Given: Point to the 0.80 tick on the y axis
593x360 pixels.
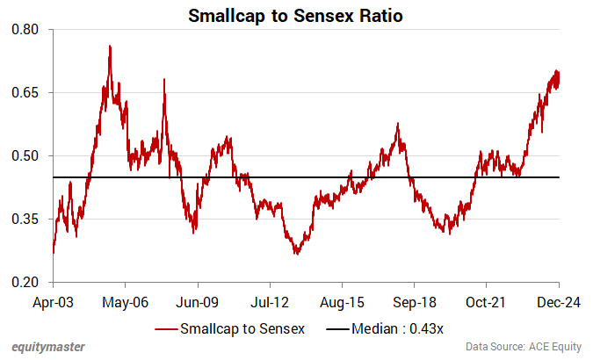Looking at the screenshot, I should coord(26,29).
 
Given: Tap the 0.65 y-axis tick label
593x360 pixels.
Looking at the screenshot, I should coord(26,92).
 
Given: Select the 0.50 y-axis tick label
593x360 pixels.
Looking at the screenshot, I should coord(26,155).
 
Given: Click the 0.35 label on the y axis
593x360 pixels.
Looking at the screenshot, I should coord(26,219).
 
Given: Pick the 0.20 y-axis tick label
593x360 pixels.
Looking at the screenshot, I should coord(26,282).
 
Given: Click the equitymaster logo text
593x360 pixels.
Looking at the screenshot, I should coord(49,347).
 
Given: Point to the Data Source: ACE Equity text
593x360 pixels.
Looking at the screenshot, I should coord(522,347).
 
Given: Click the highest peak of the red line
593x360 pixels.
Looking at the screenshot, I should coord(109,46).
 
